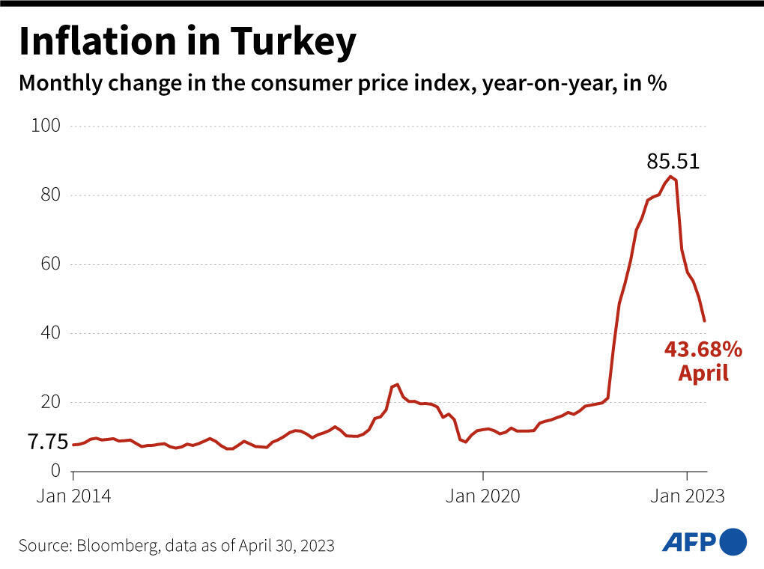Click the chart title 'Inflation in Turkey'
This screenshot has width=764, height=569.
187,43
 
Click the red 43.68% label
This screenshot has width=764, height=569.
703,349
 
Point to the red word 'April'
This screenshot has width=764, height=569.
703,373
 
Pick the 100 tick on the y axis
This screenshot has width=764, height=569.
46,126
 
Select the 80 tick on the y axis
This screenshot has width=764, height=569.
49,195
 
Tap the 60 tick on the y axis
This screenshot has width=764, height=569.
49,264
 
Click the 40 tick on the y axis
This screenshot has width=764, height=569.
49,333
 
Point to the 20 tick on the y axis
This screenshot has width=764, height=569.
49,402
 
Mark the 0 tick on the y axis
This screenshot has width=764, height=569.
55,471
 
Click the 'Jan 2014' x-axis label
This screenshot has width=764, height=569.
75,496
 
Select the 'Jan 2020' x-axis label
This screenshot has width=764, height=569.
483,496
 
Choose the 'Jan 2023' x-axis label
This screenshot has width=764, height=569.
687,496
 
